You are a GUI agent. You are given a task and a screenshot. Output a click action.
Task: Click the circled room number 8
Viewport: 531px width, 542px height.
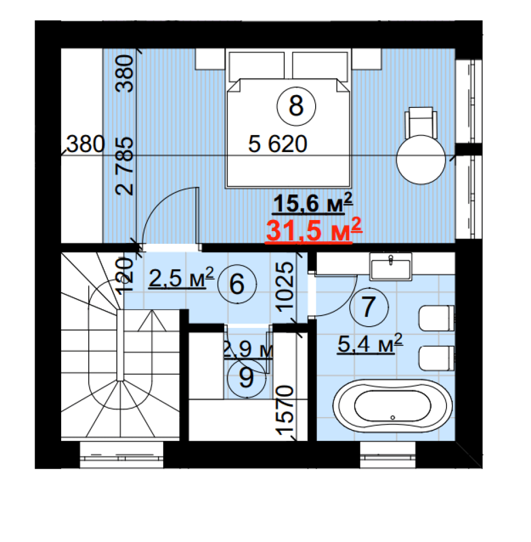(296, 106)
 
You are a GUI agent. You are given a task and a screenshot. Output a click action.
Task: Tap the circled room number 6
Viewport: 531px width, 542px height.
(237, 284)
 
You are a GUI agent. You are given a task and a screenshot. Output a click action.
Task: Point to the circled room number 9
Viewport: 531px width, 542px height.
(247, 378)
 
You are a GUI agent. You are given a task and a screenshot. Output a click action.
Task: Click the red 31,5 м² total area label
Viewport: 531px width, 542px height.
(314, 230)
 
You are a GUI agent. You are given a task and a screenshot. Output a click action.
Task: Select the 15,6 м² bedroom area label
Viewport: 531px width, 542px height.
(313, 203)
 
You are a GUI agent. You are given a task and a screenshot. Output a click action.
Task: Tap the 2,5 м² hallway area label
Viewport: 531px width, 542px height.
(181, 277)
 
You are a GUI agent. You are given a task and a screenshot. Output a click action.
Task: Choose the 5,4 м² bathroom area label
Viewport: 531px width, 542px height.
(370, 344)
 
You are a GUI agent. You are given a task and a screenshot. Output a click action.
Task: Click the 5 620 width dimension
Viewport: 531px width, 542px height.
(277, 144)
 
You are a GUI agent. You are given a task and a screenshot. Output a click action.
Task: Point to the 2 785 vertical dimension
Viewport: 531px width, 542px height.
(124, 166)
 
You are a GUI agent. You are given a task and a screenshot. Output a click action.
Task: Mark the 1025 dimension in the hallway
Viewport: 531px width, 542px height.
(285, 287)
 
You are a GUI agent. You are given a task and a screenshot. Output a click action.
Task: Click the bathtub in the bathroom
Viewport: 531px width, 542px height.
(392, 406)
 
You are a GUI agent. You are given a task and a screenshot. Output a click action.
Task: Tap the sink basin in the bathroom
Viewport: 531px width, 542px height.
(391, 267)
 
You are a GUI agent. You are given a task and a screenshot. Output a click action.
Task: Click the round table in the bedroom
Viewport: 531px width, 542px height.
(421, 160)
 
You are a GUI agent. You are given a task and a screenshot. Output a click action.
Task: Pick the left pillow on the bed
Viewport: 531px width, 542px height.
(257, 65)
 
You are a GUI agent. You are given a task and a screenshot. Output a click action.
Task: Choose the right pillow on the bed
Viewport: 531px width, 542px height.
(320, 65)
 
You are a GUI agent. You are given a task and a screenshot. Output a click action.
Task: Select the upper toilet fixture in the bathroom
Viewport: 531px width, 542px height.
(436, 318)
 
